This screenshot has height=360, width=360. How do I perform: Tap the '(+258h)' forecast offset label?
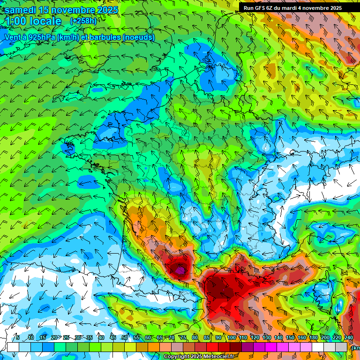[x=83, y=21]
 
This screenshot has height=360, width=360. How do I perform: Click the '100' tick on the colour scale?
[x=232, y=337]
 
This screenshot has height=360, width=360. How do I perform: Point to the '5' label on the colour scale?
[x=17, y=337]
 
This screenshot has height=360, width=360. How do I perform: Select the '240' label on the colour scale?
[x=349, y=337]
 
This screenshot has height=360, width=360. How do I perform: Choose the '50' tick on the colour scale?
[x=125, y=337]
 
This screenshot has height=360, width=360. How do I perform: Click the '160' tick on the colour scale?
[x=302, y=337]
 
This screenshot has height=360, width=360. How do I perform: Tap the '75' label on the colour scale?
[x=183, y=337]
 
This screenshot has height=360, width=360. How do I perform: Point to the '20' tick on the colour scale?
[x=54, y=337]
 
